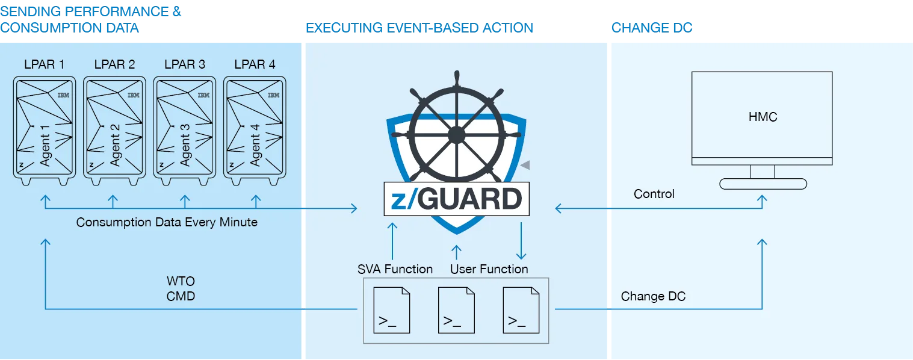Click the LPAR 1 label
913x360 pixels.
click(x=44, y=64)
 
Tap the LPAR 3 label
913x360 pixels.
click(x=184, y=64)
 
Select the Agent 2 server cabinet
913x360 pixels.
click(x=114, y=129)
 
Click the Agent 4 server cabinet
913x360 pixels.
click(x=255, y=129)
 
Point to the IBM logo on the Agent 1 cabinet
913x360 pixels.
click(x=64, y=95)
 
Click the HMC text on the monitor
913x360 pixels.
click(x=763, y=117)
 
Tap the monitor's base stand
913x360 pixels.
click(x=763, y=184)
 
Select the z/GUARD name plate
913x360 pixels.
click(x=456, y=199)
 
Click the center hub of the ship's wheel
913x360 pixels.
click(x=456, y=135)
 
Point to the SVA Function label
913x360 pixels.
click(x=395, y=269)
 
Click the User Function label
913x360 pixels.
click(x=489, y=269)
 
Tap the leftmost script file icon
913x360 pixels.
click(x=392, y=310)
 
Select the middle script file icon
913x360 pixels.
click(x=456, y=310)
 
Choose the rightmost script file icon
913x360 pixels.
click(x=521, y=310)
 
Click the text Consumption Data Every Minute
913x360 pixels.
click(x=167, y=222)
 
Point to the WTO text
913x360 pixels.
click(x=181, y=282)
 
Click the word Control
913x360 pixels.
click(x=654, y=194)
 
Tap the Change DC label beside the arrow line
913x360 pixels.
click(x=653, y=296)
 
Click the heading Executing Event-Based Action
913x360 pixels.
click(x=419, y=28)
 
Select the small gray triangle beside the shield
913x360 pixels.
click(x=525, y=164)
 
